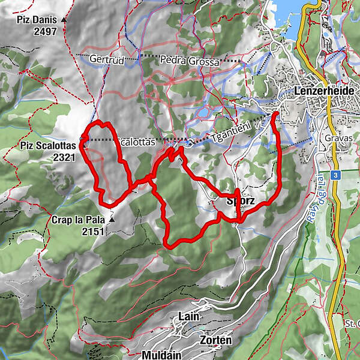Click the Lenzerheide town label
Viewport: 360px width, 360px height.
(x=326, y=90)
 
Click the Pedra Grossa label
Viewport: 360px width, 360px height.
(x=188, y=60)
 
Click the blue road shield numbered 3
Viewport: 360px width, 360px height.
(x=337, y=175)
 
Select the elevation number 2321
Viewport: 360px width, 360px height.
(x=63, y=157)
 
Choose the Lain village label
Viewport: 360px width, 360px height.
(x=188, y=316)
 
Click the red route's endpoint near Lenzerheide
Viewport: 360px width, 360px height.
(x=275, y=113)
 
